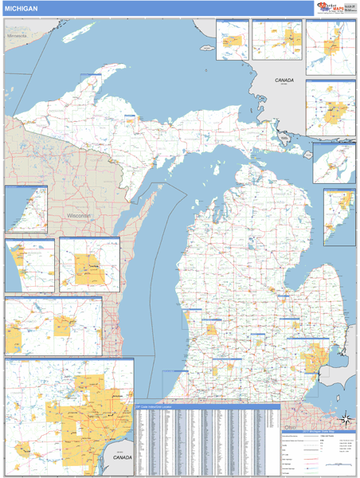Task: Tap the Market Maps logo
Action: (327, 7)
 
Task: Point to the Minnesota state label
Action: (16, 36)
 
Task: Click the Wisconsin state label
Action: (79, 216)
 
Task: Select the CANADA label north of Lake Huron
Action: (284, 80)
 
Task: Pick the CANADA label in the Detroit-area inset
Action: (121, 459)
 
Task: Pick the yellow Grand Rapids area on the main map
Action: (212, 327)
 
